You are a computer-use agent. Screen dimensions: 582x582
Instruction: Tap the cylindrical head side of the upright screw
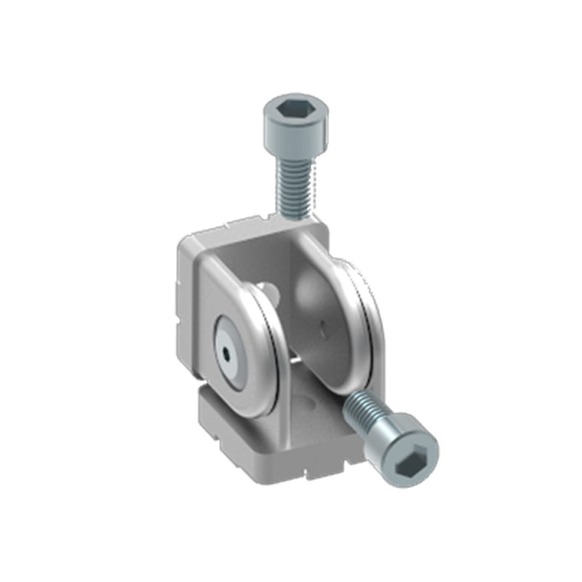(295, 138)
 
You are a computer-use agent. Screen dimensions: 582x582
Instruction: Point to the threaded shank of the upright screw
(294, 186)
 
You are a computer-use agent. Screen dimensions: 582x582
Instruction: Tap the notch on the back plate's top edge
(247, 221)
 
